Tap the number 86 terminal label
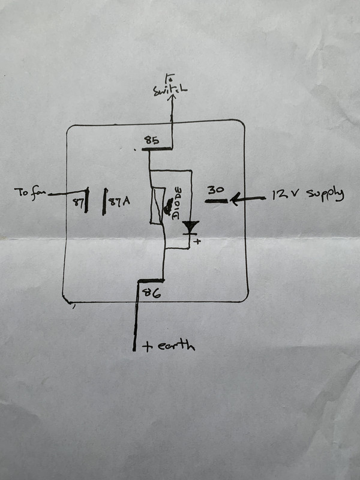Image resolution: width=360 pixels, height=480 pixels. pos(148,293)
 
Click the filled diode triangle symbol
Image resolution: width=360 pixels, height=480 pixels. pos(191,227)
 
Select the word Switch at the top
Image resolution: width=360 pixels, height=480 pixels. pos(171,91)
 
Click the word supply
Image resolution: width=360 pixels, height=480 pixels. pos(326,196)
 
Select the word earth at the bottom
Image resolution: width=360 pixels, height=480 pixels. pos(175,346)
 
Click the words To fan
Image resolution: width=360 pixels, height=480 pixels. pos(29,193)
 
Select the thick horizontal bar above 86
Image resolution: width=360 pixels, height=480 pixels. pos(150,281)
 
